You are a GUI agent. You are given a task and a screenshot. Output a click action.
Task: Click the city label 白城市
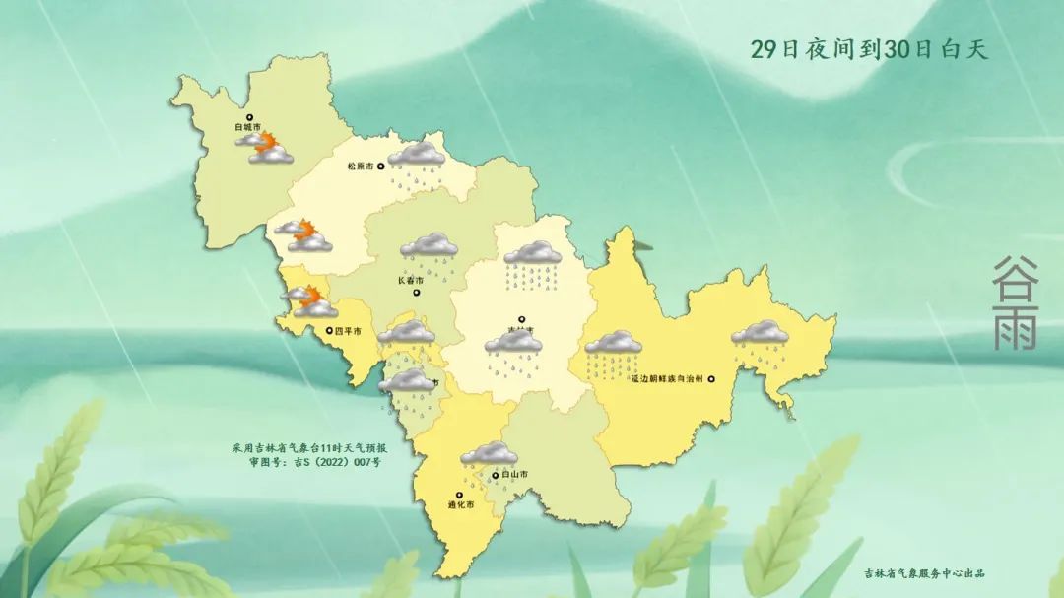pyautogui.click(x=247, y=127)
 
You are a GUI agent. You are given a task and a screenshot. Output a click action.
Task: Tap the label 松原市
pyautogui.click(x=361, y=166)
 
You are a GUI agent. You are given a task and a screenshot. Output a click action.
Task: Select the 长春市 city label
pyautogui.click(x=410, y=280)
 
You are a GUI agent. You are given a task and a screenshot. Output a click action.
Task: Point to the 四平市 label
pyautogui.click(x=349, y=331)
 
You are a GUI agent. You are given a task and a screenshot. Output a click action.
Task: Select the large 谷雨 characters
pyautogui.click(x=1015, y=303)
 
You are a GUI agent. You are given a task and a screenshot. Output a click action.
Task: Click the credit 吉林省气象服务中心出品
pyautogui.click(x=924, y=573)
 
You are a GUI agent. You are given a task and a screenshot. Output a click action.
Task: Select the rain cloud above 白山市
pyautogui.click(x=489, y=454)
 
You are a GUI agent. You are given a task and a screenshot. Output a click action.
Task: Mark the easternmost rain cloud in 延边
pyautogui.click(x=760, y=334)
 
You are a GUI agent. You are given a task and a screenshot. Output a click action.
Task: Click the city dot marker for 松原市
pyautogui.click(x=381, y=166)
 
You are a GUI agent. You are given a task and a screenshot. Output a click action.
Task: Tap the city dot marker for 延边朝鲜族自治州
pyautogui.click(x=710, y=379)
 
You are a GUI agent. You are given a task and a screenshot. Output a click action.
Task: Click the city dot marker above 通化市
pyautogui.click(x=458, y=495)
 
